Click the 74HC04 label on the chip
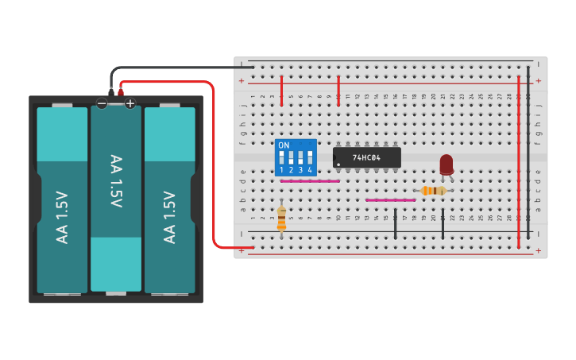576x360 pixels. point(367,158)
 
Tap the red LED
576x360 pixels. point(446,164)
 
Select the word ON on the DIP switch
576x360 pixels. point(284,145)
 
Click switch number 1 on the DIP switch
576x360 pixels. point(282,157)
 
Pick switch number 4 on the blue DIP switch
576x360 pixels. point(310,157)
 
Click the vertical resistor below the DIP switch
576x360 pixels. point(281,218)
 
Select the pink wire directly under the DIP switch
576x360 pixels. point(310,181)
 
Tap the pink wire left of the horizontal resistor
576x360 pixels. point(390,200)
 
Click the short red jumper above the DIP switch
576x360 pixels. point(282,90)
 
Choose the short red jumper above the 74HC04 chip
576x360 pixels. point(339,90)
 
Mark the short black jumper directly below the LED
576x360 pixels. point(443,224)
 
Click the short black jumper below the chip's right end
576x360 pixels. point(396,224)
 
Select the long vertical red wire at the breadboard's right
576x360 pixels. point(519,159)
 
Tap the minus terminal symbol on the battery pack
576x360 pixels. point(102,103)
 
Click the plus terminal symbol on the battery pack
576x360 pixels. point(130,103)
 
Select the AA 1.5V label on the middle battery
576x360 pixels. point(116,182)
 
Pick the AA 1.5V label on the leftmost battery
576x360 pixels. point(62,217)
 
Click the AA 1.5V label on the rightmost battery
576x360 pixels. point(169,217)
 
